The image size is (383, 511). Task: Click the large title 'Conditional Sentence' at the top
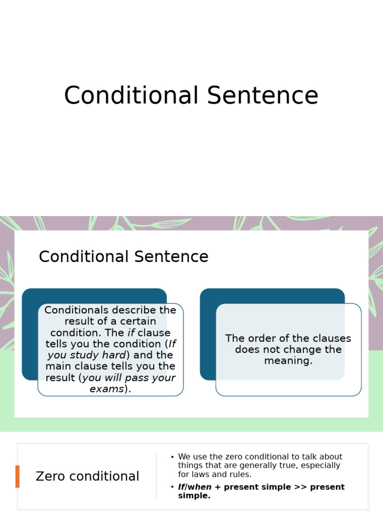pyautogui.click(x=191, y=96)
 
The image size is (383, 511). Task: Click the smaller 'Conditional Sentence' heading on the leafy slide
pyautogui.click(x=123, y=256)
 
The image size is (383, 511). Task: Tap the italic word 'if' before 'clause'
pyautogui.click(x=131, y=333)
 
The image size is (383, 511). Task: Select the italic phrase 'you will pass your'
pyautogui.click(x=129, y=378)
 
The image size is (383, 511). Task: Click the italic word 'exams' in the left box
pyautogui.click(x=106, y=389)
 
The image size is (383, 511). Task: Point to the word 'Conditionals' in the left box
pyautogui.click(x=75, y=310)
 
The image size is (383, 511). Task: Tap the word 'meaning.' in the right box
pyautogui.click(x=288, y=360)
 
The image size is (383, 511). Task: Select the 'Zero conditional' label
pyautogui.click(x=87, y=477)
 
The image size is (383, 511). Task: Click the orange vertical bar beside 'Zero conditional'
pyautogui.click(x=17, y=476)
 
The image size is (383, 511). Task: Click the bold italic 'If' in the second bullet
pyautogui.click(x=181, y=487)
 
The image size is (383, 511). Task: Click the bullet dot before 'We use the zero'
pyautogui.click(x=172, y=457)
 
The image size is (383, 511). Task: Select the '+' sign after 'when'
pyautogui.click(x=217, y=487)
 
